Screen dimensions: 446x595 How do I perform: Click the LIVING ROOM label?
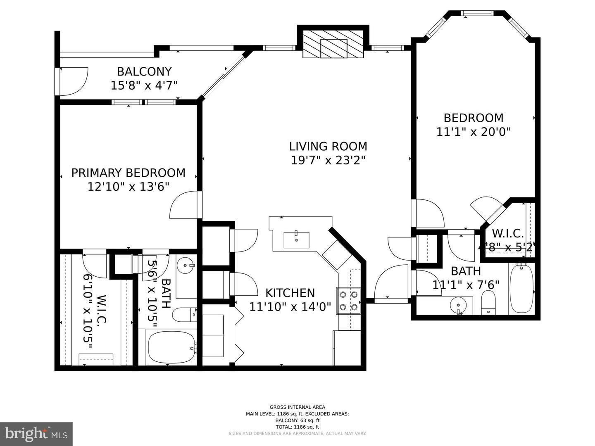[328, 146]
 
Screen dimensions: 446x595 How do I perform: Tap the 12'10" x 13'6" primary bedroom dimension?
[129, 187]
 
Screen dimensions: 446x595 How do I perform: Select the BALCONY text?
[144, 71]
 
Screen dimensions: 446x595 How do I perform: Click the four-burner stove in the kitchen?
[349, 301]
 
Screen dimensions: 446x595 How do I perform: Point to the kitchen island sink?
[296, 240]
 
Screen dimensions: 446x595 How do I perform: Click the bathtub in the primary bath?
[171, 347]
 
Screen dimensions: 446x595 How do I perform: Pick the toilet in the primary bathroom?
[184, 315]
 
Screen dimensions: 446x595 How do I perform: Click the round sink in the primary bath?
[187, 266]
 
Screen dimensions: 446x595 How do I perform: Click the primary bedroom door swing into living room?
[185, 205]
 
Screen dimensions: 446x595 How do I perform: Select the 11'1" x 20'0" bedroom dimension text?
[474, 132]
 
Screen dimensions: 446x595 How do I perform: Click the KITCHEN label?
[290, 293]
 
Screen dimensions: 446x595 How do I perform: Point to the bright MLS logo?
[36, 434]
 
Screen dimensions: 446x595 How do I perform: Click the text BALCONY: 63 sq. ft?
[297, 420]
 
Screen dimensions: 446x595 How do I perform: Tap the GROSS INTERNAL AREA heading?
[297, 407]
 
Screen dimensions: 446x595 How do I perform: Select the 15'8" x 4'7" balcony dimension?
[144, 85]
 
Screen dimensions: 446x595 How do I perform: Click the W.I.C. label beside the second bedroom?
[508, 233]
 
